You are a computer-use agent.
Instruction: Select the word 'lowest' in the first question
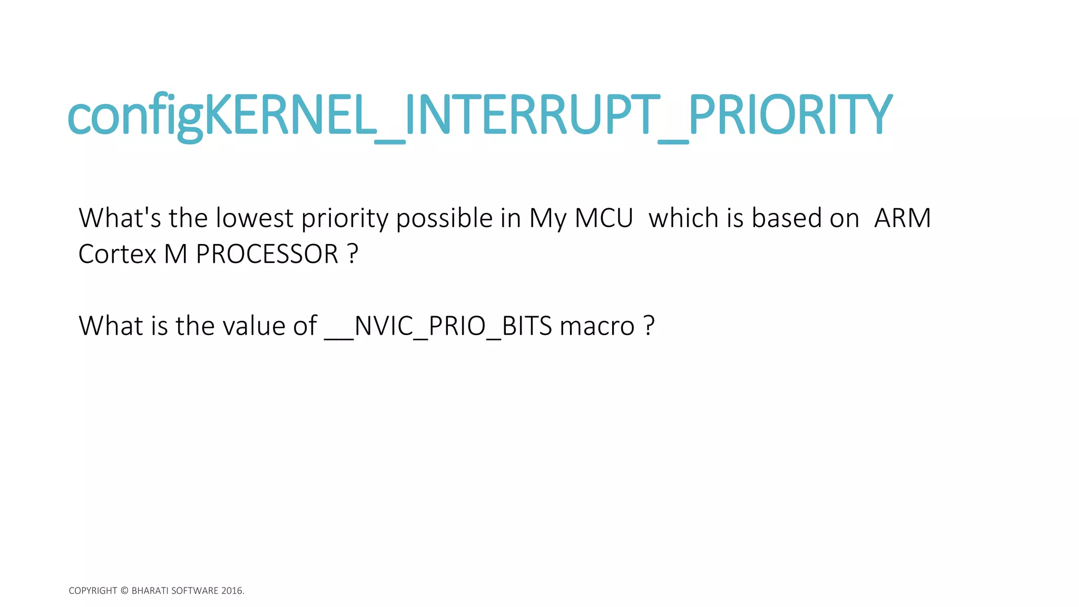click(x=254, y=218)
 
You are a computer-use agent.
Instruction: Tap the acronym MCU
click(x=604, y=218)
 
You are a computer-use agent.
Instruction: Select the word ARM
click(x=902, y=218)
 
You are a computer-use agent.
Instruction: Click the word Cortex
click(x=117, y=254)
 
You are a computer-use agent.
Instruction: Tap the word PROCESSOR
click(x=267, y=254)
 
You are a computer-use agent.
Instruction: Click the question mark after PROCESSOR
click(x=353, y=254)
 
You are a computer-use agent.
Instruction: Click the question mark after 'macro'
click(x=649, y=326)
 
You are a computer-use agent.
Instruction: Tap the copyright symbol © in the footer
click(x=124, y=591)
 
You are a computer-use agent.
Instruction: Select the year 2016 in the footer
click(x=232, y=591)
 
